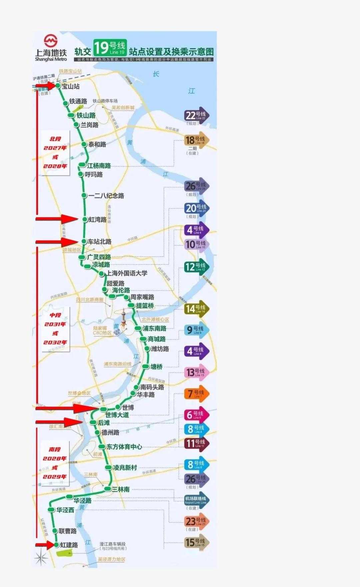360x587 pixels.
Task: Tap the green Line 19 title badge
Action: click(110, 48)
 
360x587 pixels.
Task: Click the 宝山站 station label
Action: click(71, 86)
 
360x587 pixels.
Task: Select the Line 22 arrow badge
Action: click(196, 116)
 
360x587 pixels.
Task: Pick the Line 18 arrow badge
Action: click(196, 140)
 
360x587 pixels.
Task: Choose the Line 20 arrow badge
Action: click(197, 209)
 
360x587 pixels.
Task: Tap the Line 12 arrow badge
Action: click(196, 267)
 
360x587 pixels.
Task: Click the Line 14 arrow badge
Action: click(196, 309)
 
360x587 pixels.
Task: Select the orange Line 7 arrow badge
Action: click(196, 394)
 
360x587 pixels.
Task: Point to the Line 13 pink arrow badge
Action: click(196, 372)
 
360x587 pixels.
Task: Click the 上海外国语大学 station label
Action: click(127, 273)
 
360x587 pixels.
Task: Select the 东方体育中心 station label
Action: click(124, 447)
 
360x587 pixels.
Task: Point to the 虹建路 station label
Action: click(69, 545)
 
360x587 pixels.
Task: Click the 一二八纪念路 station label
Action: click(106, 196)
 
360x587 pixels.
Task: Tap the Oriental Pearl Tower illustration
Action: click(124, 319)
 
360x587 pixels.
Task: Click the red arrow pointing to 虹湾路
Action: click(57, 219)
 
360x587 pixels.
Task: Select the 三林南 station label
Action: click(121, 490)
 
